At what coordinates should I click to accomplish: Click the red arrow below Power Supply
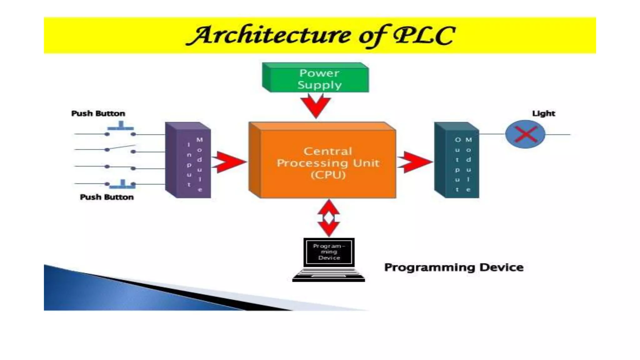coord(316,107)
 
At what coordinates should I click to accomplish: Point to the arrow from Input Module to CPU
coord(229,162)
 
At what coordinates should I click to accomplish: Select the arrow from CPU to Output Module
coord(414,162)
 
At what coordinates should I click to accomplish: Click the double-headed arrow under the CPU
coord(329,218)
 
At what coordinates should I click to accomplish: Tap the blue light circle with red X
coord(525,134)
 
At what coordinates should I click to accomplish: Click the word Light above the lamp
coord(543,113)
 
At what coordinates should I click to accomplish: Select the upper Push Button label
coord(98,113)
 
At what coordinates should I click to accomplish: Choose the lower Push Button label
coord(107,197)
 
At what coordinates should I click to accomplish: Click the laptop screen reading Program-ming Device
coord(329,252)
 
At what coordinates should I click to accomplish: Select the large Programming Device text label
coord(453,267)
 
